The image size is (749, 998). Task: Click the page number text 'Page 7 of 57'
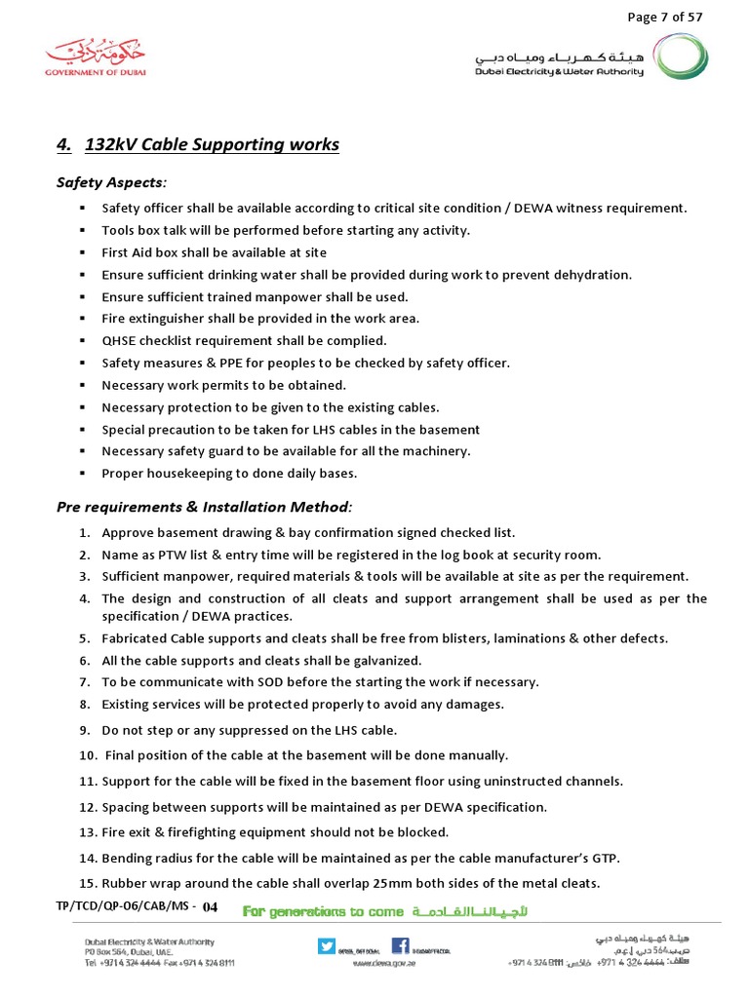(665, 17)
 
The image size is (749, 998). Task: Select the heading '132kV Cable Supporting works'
(212, 145)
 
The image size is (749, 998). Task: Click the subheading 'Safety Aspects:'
(111, 182)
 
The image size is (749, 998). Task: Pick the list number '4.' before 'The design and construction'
(85, 598)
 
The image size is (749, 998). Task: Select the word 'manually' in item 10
(478, 755)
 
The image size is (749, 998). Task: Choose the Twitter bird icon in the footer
(327, 944)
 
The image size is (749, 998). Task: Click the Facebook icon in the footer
(400, 944)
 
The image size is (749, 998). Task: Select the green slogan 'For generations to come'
(322, 911)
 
